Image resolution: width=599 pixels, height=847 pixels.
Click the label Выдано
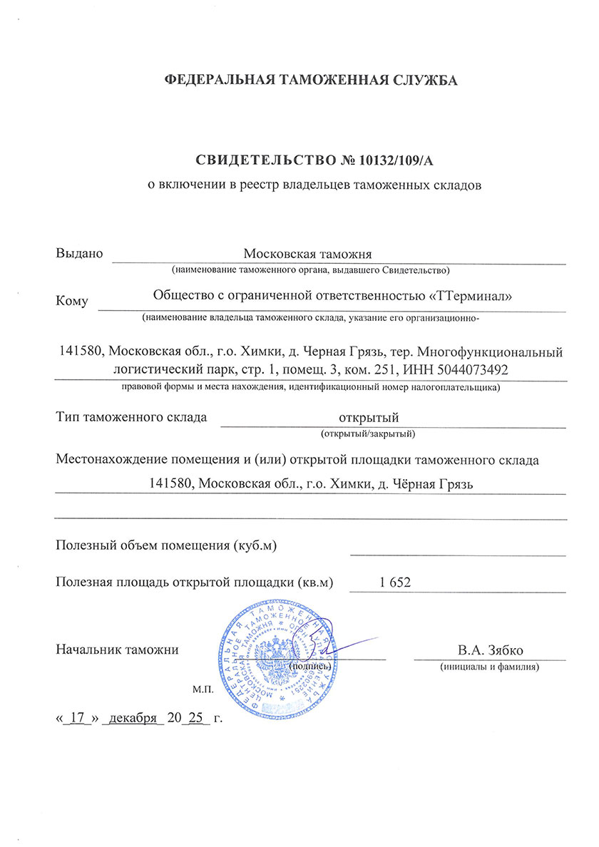pyautogui.click(x=79, y=253)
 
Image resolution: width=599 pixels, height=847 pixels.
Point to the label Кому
pyautogui.click(x=71, y=301)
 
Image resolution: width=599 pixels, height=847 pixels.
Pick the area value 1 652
pyautogui.click(x=396, y=582)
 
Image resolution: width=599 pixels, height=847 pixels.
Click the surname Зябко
pyautogui.click(x=508, y=650)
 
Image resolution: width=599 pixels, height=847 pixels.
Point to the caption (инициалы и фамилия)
pyautogui.click(x=489, y=667)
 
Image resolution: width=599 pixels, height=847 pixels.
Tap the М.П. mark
pyautogui.click(x=202, y=691)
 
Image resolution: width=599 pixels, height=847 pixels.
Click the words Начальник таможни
pyautogui.click(x=116, y=650)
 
